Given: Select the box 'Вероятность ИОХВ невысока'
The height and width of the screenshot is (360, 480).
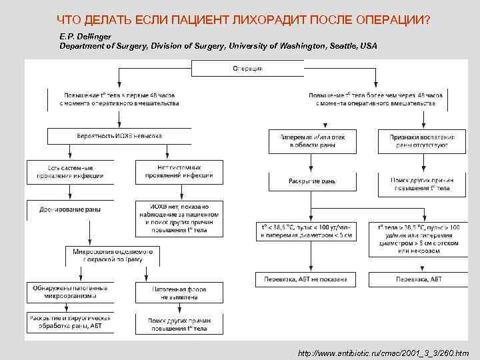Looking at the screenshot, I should click(119, 136).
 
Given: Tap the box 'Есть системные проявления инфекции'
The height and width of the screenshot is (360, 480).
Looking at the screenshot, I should click(70, 171).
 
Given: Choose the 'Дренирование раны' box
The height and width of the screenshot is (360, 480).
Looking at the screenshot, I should click(70, 211).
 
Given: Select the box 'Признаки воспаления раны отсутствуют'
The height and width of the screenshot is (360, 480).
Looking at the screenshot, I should click(423, 141).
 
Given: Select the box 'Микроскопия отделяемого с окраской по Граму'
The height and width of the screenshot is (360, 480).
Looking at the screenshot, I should click(113, 255).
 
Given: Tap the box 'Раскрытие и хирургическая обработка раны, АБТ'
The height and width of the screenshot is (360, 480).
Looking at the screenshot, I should click(70, 323).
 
